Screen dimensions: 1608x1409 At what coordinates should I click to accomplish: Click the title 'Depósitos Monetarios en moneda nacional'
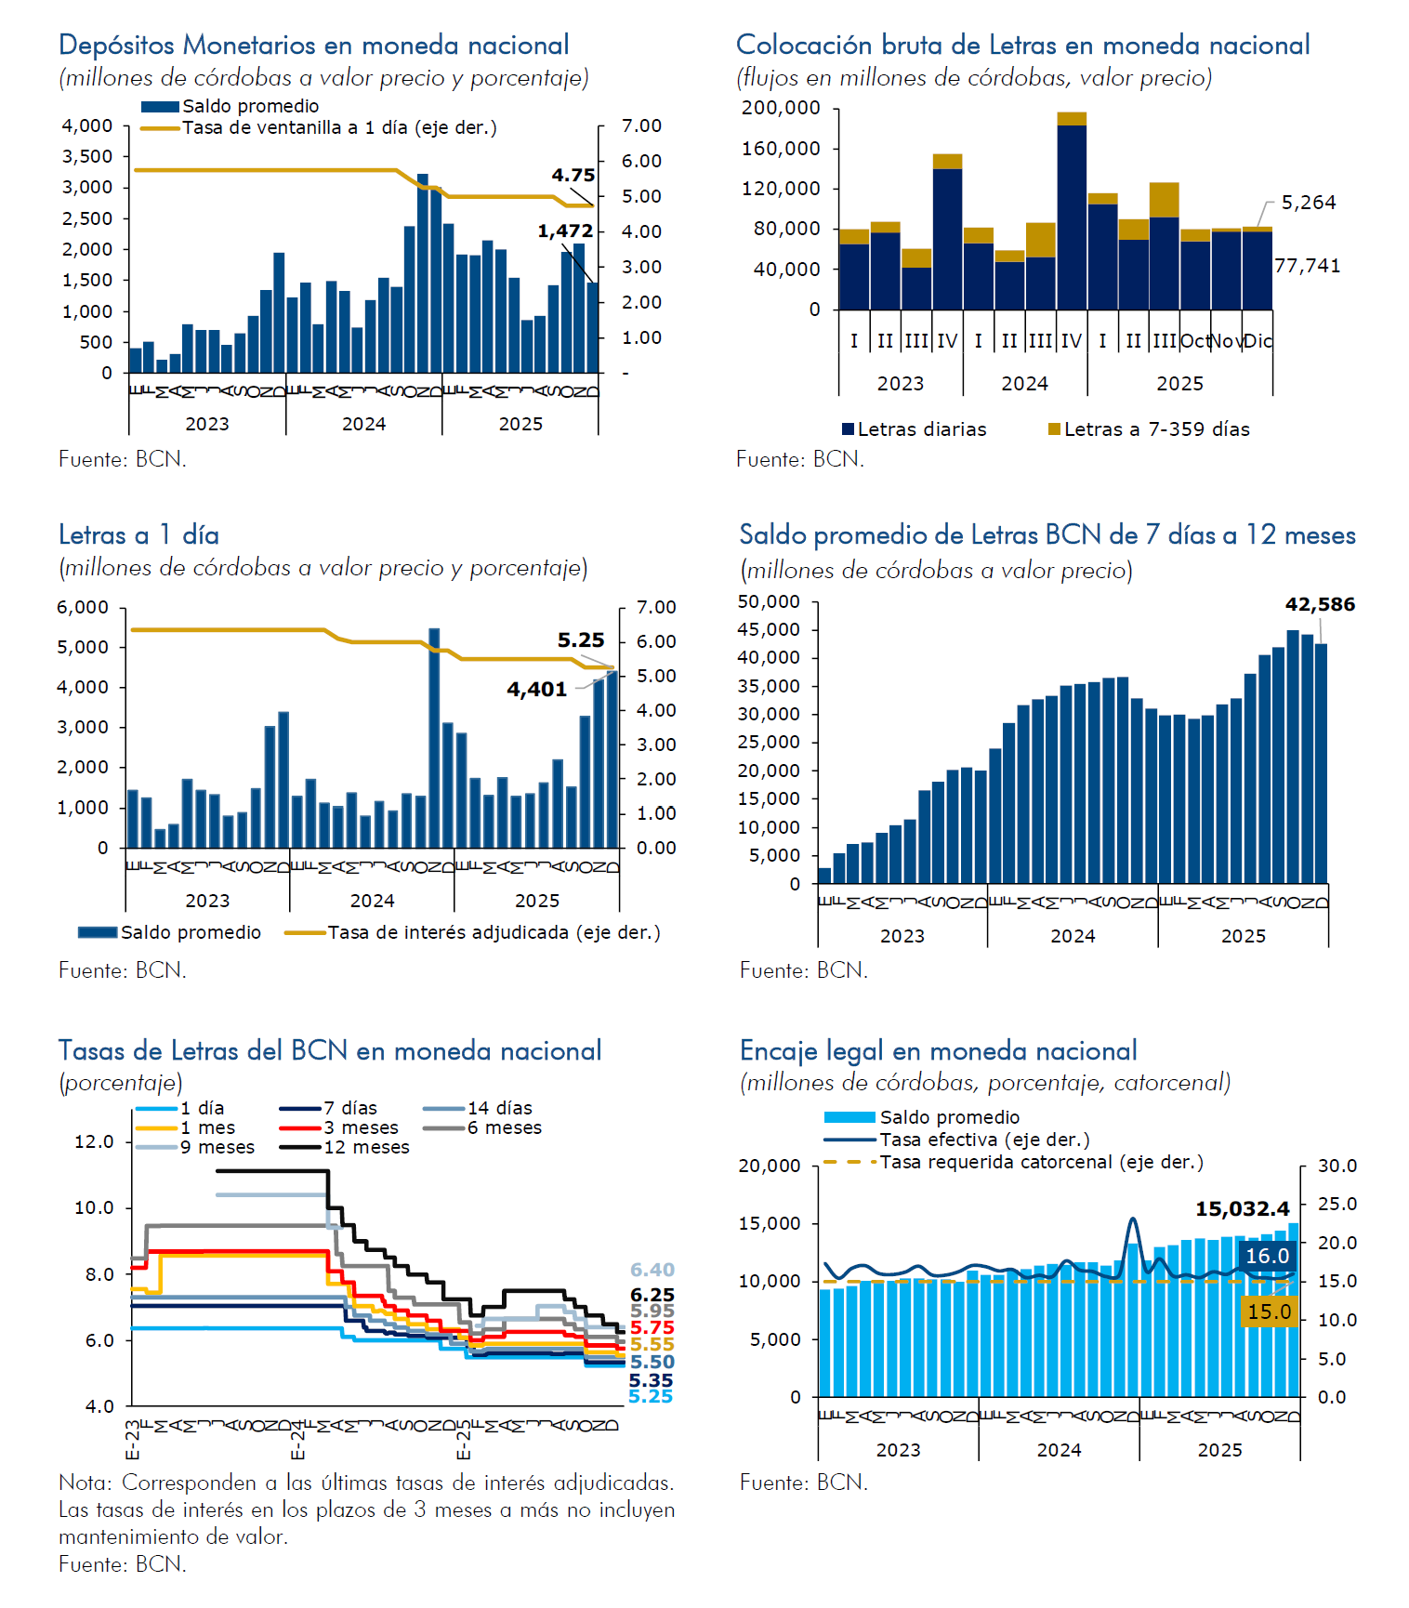tap(313, 45)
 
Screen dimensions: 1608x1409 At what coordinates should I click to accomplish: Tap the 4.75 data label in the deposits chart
tap(573, 175)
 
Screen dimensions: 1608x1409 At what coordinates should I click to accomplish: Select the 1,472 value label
tap(564, 231)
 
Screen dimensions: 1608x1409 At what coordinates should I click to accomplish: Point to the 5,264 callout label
tap(1308, 203)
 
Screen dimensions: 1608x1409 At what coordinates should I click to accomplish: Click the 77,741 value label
tap(1307, 266)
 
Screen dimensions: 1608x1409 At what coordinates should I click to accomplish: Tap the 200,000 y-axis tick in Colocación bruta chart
tap(781, 108)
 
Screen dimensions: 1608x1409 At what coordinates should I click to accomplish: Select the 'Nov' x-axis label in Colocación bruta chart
tap(1226, 341)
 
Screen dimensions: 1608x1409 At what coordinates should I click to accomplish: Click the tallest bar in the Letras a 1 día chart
tap(434, 737)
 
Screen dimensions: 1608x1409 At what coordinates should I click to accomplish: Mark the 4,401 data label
tap(536, 689)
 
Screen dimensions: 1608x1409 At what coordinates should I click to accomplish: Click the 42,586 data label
tap(1319, 604)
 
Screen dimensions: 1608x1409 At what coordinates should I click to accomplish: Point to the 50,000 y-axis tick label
tap(769, 601)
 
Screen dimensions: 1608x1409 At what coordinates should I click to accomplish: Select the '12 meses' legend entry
tap(366, 1147)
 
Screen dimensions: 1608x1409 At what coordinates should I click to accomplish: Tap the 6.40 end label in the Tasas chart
tap(652, 1270)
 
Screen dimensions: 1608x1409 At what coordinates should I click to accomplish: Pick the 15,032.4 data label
tap(1242, 1209)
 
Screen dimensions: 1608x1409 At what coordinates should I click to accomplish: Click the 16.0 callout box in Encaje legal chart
tap(1267, 1256)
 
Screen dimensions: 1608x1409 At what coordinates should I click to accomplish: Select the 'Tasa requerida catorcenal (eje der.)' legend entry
tap(1041, 1162)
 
